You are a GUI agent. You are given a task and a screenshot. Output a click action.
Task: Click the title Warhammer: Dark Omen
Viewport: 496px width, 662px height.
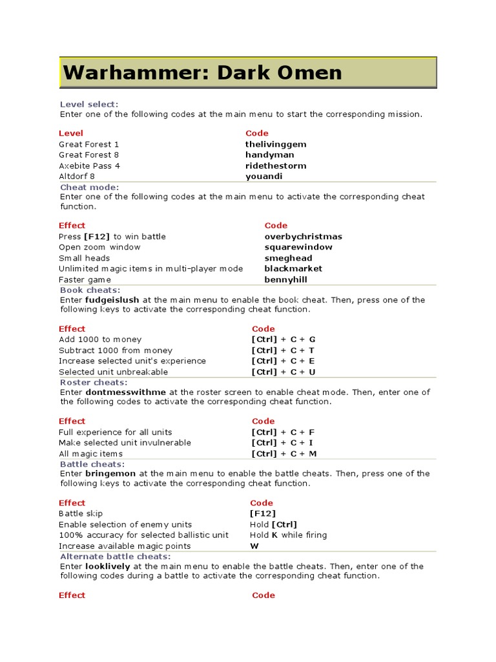pos(202,72)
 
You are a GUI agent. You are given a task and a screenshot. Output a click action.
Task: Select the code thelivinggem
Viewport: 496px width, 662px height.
pos(276,144)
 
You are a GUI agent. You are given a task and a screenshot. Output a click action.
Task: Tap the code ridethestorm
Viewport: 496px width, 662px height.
pos(276,165)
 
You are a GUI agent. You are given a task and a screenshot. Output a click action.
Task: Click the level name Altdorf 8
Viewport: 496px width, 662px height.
pos(77,176)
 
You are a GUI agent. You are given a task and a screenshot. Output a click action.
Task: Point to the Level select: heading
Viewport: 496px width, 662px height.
pos(89,104)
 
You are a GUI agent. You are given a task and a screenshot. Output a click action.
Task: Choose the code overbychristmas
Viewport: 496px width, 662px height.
pos(303,237)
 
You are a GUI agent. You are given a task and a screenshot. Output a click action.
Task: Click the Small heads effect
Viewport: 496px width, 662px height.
pos(84,258)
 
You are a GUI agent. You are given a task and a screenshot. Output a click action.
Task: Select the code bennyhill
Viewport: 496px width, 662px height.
pos(285,279)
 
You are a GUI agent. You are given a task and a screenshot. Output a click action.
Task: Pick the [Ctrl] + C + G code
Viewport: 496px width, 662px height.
pos(284,339)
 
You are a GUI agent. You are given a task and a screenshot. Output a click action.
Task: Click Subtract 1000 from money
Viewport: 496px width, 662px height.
pos(116,350)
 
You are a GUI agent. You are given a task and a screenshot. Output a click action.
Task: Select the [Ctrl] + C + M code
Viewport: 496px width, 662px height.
pos(284,454)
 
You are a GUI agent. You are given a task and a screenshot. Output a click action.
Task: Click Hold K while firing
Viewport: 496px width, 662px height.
pos(288,535)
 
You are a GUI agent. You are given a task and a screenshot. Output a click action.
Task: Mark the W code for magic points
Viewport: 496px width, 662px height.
pos(254,546)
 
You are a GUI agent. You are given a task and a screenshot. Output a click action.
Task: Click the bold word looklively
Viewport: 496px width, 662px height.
pos(108,566)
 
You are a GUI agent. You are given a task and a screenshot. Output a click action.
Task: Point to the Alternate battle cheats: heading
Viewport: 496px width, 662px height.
pos(115,556)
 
